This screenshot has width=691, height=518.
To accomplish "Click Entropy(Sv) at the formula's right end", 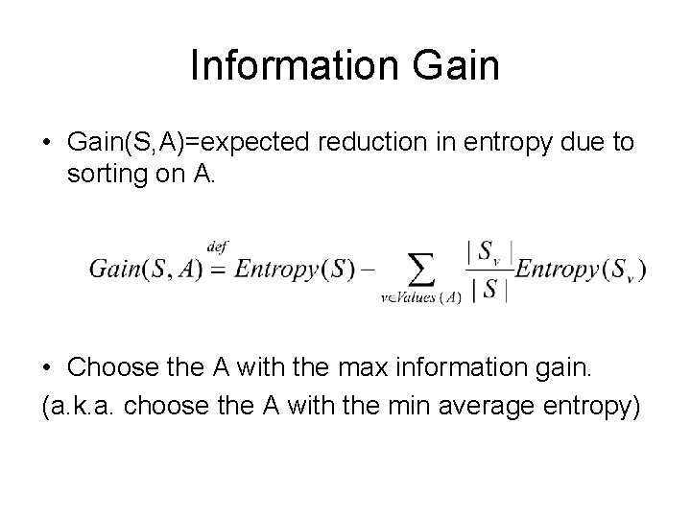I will coord(581,269).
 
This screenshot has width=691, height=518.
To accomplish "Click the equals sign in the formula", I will coord(217,269).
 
